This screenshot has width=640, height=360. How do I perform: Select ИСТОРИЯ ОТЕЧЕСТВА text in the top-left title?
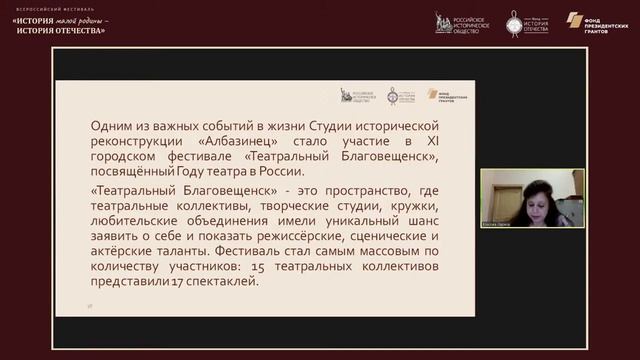[x=60, y=30]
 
